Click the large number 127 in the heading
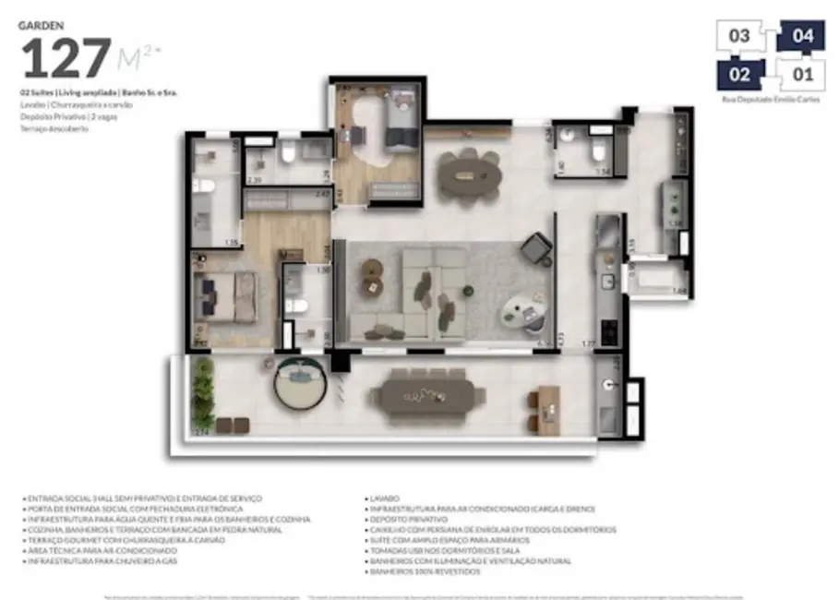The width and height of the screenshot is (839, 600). [x=66, y=59]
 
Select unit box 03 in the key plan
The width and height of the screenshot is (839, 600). [x=740, y=36]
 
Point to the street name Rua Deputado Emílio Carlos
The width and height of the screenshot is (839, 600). [x=770, y=98]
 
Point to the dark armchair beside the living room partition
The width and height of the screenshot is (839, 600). [x=535, y=248]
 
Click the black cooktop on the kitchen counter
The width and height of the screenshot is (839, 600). [x=609, y=328]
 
